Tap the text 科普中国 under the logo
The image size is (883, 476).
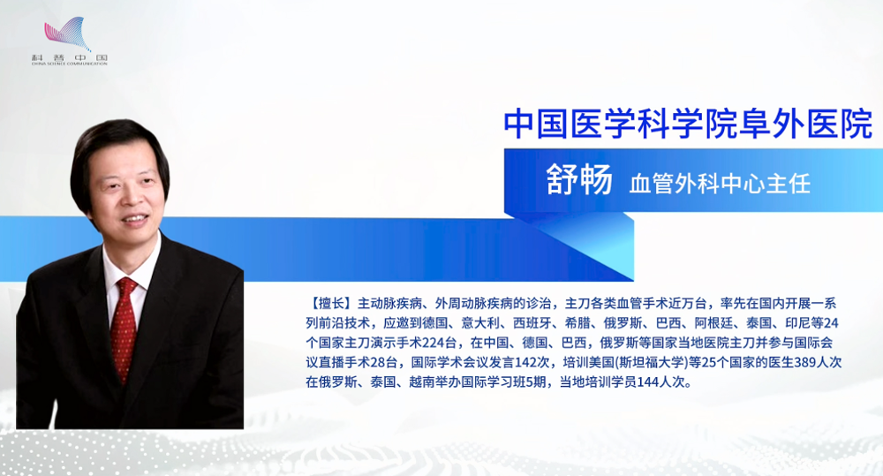(x=69, y=57)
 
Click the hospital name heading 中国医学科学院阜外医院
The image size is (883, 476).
(x=688, y=125)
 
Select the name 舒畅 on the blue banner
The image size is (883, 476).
(x=579, y=180)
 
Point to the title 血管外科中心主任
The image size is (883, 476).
(x=720, y=185)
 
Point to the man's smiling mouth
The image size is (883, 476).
(x=134, y=218)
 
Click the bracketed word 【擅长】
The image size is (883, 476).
(x=332, y=304)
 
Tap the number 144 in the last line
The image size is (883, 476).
(x=648, y=382)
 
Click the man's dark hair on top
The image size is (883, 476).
(x=116, y=138)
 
